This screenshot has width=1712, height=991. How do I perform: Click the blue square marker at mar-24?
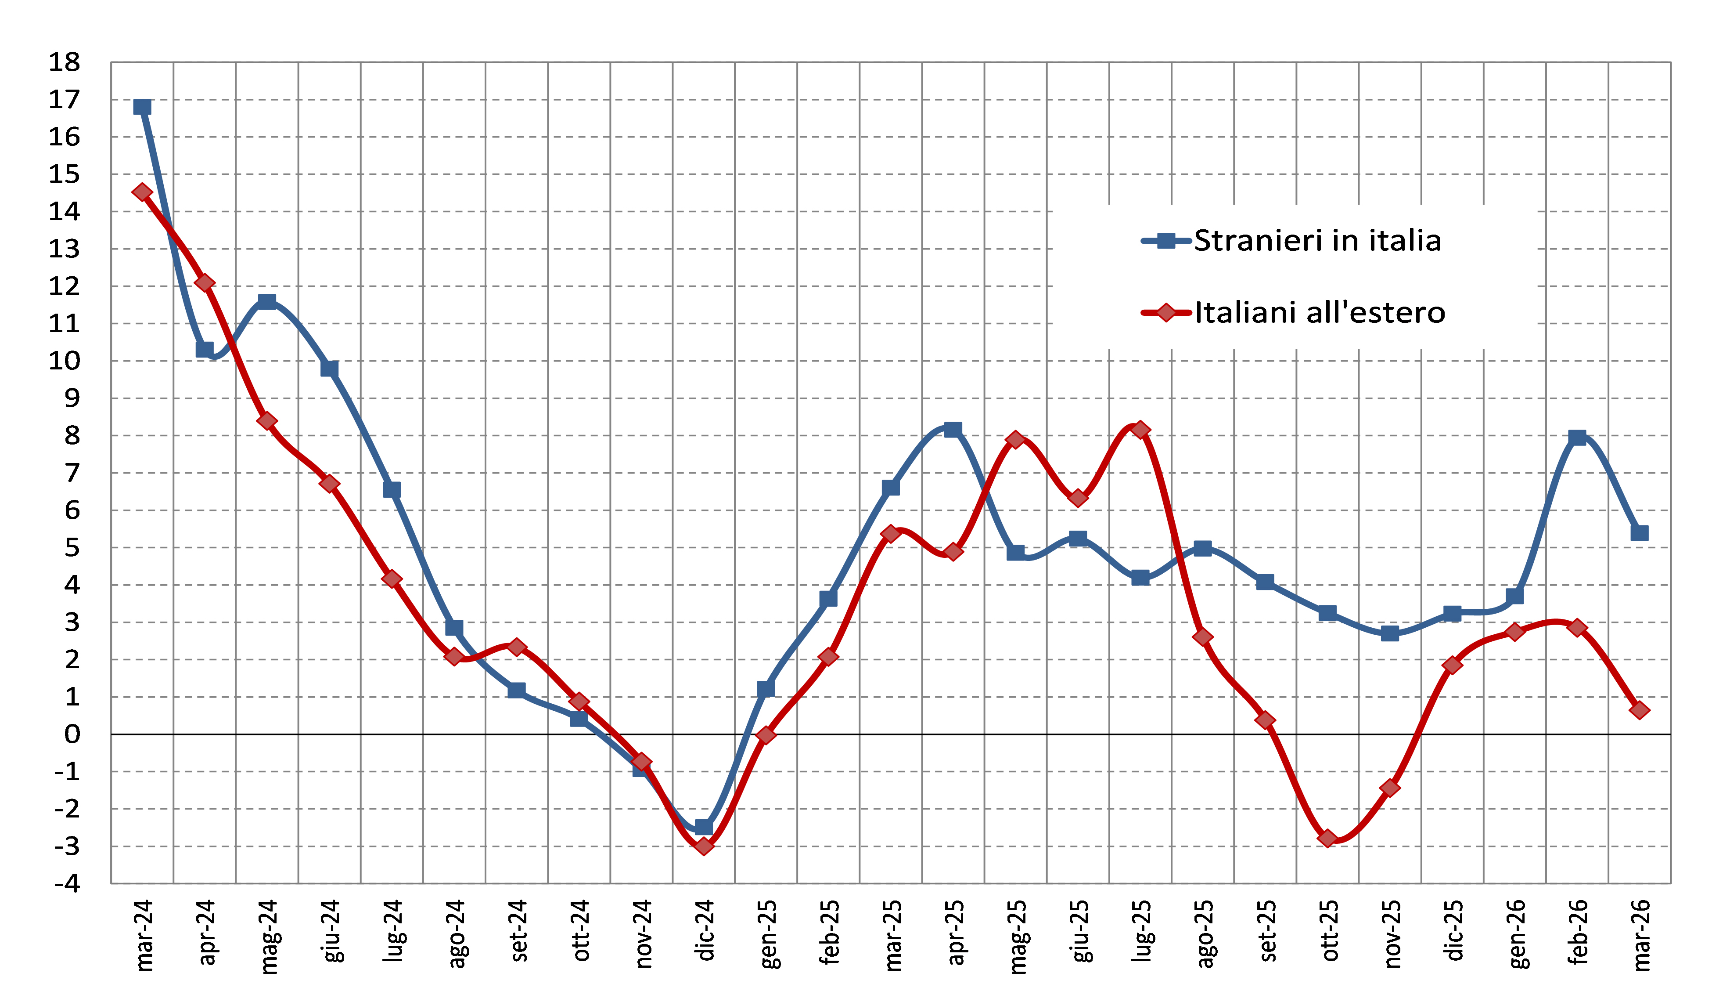[x=142, y=107]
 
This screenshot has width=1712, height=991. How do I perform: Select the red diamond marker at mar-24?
[x=142, y=192]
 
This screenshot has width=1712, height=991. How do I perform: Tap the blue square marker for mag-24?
[x=267, y=301]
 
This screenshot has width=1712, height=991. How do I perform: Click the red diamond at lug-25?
[x=1140, y=430]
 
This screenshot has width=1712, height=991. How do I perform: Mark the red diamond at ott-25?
[x=1328, y=839]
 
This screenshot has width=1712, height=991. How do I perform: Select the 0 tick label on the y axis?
[x=72, y=734]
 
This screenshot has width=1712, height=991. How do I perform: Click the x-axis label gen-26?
[x=1518, y=933]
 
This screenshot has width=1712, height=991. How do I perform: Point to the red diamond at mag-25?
[x=1016, y=440]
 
